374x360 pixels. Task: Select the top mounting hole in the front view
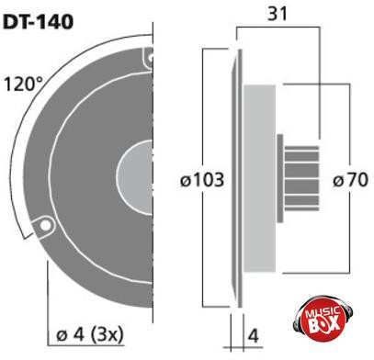coord(147,59)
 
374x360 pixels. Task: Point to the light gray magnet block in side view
coord(259,177)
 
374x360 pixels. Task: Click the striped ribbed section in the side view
coord(301,177)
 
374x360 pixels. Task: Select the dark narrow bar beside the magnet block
coord(279,177)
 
